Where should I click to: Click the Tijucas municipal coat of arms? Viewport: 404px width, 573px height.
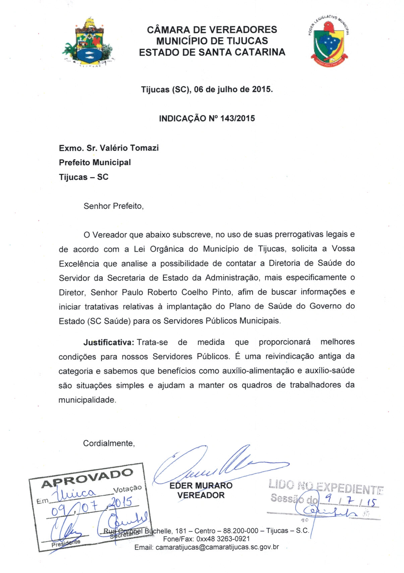point(88,42)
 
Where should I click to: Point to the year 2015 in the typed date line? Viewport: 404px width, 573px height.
point(262,89)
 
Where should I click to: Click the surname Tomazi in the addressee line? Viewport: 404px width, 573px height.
point(144,148)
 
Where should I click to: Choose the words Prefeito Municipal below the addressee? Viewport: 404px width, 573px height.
point(95,162)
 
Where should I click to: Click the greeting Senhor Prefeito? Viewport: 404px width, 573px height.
point(113,206)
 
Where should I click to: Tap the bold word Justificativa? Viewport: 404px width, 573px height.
point(109,342)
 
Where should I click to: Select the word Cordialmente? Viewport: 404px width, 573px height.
point(109,443)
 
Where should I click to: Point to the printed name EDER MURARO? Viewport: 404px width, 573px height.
point(201,486)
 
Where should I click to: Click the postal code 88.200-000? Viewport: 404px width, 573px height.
point(241,531)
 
